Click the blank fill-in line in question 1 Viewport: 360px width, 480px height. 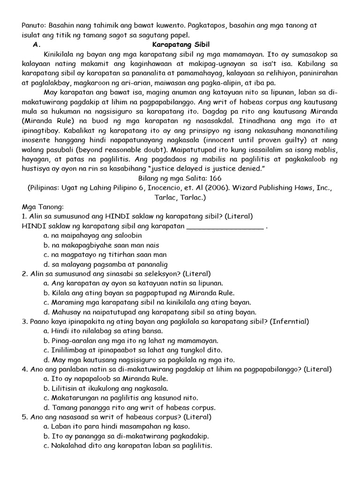pyautogui.click(x=225, y=226)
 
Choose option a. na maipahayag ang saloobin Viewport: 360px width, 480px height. pyautogui.click(x=85, y=235)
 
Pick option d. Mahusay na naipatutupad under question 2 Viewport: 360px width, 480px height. pyautogui.click(x=150, y=312)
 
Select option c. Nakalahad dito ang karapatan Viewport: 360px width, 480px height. pyautogui.click(x=127, y=445)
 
